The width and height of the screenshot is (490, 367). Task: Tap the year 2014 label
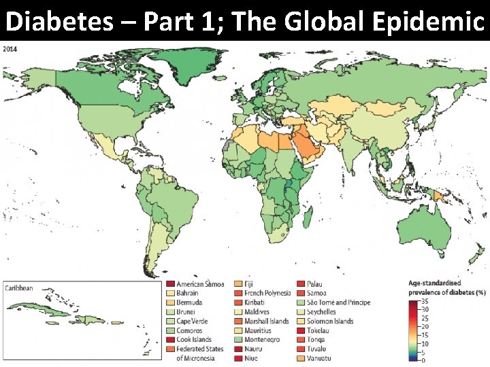tap(11, 49)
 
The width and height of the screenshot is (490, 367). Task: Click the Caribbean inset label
tap(19, 288)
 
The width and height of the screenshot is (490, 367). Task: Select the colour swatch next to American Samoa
tap(170, 284)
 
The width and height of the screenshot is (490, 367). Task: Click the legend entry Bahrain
tap(188, 293)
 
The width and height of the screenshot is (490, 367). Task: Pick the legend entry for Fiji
tap(250, 284)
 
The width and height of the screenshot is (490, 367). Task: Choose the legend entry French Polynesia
tap(267, 293)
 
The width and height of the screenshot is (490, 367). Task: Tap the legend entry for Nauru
tap(253, 349)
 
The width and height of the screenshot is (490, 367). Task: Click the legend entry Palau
tap(314, 284)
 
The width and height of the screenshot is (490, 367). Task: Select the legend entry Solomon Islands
tap(330, 321)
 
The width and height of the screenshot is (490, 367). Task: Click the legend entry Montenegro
tap(261, 339)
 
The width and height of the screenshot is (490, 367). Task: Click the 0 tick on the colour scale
tap(423, 360)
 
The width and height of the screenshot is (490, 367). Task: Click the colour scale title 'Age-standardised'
tap(434, 283)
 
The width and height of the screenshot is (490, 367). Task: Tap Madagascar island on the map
tap(308, 216)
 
